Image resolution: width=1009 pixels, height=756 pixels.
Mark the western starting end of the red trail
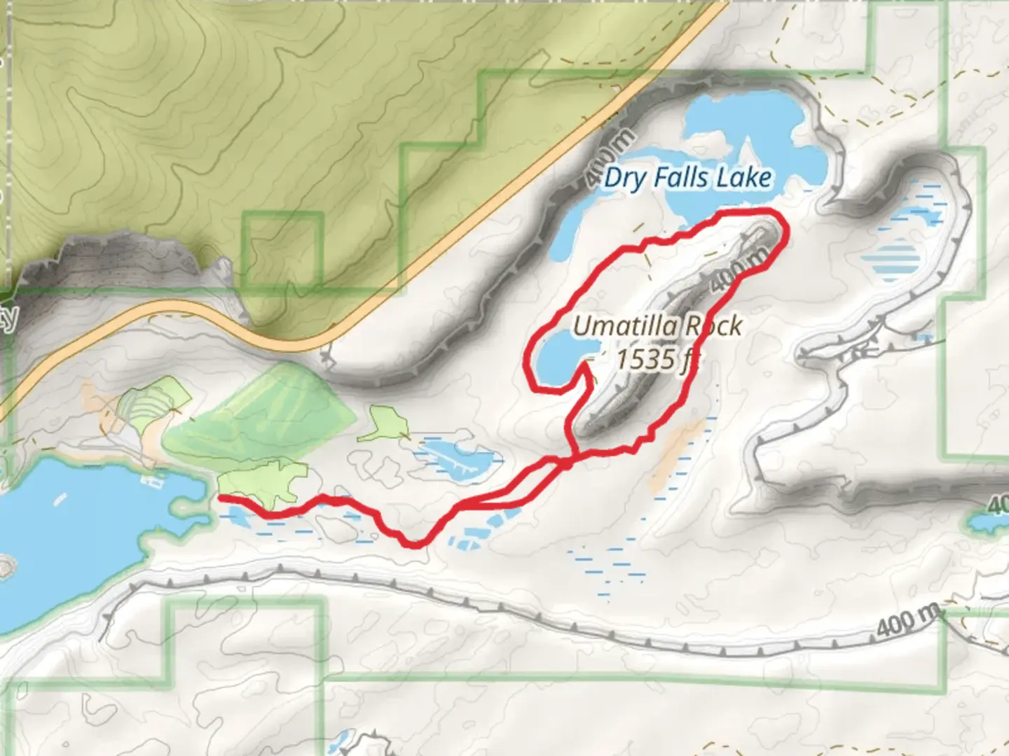[221, 498]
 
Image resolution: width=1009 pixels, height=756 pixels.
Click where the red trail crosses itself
[568, 461]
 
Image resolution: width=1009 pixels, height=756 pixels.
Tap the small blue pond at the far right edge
[987, 521]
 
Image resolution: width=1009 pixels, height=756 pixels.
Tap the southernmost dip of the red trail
[415, 545]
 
